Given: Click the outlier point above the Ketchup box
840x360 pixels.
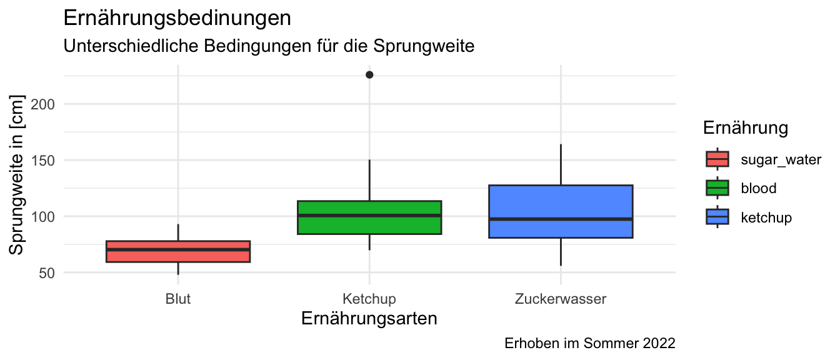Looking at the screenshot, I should [369, 75].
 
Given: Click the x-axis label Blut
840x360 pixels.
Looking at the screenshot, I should [178, 299].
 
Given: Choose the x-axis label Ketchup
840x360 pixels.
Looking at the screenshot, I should [369, 299].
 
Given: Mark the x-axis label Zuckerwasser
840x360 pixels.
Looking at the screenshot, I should [561, 299].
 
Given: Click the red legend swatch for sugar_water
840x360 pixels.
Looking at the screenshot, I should [717, 159].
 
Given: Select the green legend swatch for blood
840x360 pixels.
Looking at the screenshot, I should [717, 188].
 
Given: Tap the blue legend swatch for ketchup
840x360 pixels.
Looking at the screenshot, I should [717, 217].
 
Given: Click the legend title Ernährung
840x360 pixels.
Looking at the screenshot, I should [744, 128].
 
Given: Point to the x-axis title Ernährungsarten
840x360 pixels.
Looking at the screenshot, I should [369, 319].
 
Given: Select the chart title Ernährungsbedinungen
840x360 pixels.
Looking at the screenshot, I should [177, 18].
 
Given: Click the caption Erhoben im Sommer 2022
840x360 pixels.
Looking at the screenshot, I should [589, 343].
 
